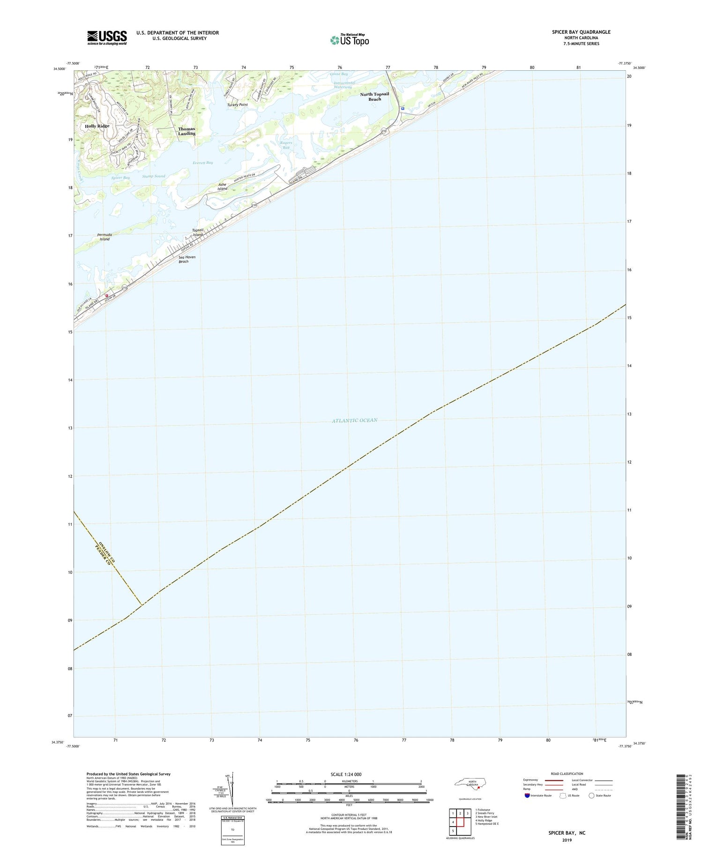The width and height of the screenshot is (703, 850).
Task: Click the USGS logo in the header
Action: (x=107, y=38)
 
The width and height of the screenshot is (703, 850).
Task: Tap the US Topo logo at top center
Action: (x=350, y=40)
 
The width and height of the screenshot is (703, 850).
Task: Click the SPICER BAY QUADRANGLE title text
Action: (x=581, y=32)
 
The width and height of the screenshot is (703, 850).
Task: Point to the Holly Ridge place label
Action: (x=97, y=126)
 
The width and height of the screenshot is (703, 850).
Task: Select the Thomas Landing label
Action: (x=187, y=131)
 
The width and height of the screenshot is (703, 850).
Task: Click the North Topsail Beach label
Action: (x=374, y=97)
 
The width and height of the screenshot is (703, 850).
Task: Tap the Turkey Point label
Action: (x=237, y=105)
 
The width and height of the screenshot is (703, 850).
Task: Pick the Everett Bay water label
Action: (x=202, y=163)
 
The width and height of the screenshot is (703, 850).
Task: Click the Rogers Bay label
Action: (x=286, y=145)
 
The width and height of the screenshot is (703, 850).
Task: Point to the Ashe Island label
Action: (x=223, y=187)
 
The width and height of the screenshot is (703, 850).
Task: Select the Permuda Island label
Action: (x=105, y=237)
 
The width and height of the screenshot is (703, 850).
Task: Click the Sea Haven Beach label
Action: (x=187, y=259)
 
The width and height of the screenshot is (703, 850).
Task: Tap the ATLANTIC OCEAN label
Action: (x=355, y=421)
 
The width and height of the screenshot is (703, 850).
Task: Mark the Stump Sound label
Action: (x=153, y=176)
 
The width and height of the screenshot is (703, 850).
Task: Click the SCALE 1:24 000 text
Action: (x=346, y=775)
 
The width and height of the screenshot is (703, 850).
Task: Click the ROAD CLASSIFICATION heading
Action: (x=567, y=774)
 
